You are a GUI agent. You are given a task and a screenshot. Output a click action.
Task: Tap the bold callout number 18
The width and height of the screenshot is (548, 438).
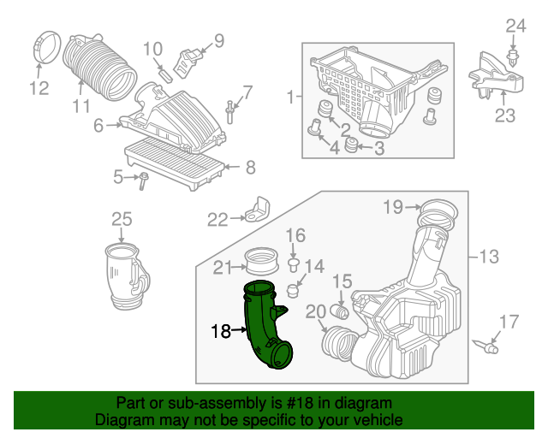coord(221,331)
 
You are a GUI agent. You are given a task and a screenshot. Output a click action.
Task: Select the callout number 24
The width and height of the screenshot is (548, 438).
coord(515,27)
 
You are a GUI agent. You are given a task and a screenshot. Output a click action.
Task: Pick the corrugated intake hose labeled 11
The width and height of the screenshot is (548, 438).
coord(100,68)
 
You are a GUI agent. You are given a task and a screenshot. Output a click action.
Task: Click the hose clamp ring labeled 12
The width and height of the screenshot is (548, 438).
coord(49,46)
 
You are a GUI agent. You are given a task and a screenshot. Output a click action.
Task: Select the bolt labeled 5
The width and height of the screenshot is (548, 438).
coord(144,181)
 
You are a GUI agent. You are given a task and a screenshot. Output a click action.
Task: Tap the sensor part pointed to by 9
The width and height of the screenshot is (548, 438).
coord(188,63)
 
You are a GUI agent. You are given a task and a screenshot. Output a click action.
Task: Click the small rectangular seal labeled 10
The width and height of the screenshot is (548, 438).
coord(166,76)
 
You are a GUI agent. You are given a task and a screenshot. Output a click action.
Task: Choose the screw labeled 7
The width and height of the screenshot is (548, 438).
coord(229,112)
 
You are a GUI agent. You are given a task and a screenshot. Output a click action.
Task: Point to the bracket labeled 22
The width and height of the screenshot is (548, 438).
coord(258,209)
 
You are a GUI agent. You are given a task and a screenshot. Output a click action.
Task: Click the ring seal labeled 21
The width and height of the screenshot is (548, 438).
coord(262,261)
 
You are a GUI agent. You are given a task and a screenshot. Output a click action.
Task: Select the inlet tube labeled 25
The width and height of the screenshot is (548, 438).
coord(127,276)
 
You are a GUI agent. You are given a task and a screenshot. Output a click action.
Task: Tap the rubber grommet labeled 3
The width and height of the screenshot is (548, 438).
coord(351,145)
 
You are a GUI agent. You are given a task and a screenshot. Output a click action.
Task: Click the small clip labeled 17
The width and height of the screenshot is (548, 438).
coord(485,346)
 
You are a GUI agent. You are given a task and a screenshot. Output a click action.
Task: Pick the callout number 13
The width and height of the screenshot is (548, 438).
coord(489,257)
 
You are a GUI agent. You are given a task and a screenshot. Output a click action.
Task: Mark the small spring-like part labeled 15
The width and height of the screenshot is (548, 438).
coord(339,311)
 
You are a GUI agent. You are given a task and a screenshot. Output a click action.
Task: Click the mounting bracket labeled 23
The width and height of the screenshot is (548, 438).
coord(496,78)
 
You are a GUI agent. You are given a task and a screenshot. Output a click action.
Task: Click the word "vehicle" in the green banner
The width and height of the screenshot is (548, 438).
coord(378,419)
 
